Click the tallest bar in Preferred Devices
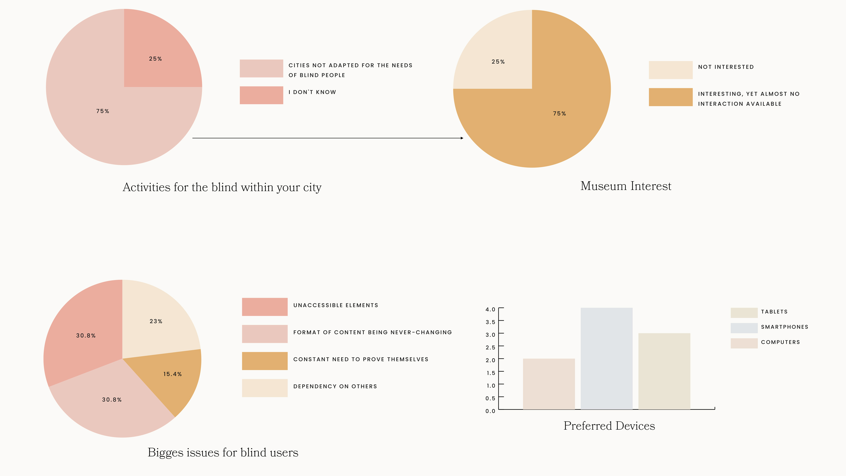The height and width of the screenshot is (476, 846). [606, 358]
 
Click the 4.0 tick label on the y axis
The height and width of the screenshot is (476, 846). [490, 310]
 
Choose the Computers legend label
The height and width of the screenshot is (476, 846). [780, 342]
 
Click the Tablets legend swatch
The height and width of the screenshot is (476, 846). [744, 313]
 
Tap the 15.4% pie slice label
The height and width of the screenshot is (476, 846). [172, 374]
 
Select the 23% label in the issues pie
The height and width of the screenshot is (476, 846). [156, 321]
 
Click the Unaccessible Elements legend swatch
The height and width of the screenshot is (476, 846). [265, 307]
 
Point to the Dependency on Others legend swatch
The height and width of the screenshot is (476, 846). [265, 388]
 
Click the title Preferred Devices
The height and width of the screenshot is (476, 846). [609, 426]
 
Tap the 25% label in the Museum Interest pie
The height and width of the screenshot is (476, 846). [498, 62]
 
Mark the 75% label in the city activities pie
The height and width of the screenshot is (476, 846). [102, 111]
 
